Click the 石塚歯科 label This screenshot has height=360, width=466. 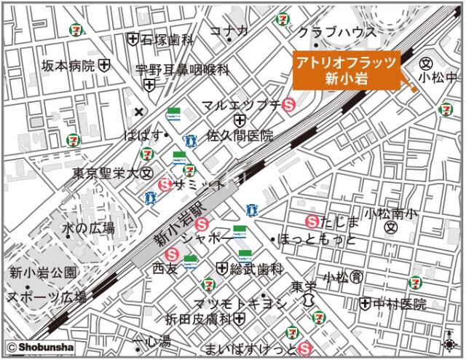(167, 39)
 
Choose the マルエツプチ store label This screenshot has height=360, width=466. (241, 105)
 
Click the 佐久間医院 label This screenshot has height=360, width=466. (240, 136)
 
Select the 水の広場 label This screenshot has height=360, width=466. (88, 229)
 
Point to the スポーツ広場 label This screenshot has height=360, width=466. (47, 297)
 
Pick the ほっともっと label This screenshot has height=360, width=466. (318, 240)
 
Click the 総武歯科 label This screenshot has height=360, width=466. (256, 269)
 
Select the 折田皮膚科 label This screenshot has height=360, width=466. (197, 320)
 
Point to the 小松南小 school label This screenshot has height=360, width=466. (391, 214)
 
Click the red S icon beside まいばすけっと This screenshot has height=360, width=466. (305, 348)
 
